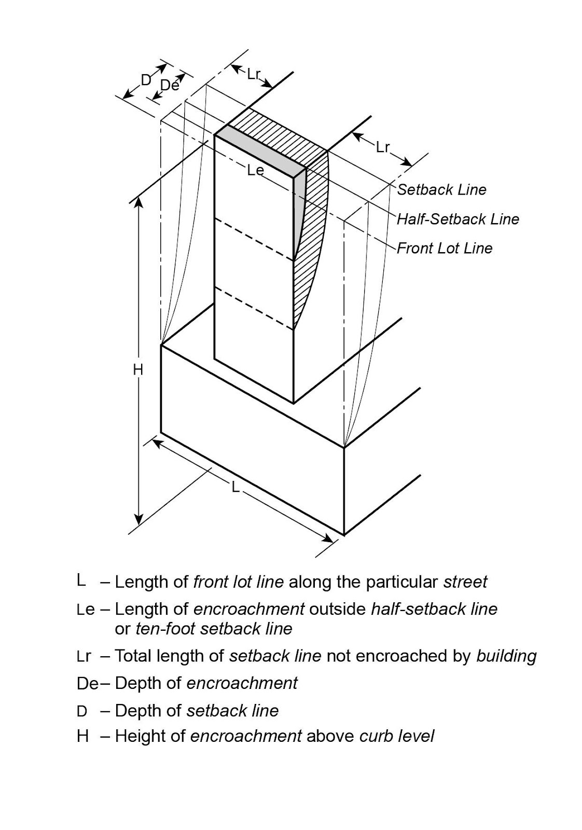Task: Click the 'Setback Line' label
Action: point(441,190)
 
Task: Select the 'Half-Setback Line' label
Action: point(458,219)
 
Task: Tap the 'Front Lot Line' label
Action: point(445,248)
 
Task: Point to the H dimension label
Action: point(137,370)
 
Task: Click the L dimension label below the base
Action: point(235,488)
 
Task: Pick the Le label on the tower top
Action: point(255,170)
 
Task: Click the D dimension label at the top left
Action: point(146,79)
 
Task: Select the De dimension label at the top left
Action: point(170,86)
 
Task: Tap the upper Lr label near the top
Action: point(253,74)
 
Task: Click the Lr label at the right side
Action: point(383,148)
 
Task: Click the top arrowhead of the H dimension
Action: point(138,203)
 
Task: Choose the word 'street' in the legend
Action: point(465,582)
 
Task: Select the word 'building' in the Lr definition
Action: point(506,656)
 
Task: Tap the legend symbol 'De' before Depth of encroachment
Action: point(87,684)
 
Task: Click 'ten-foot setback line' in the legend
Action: point(214,629)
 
